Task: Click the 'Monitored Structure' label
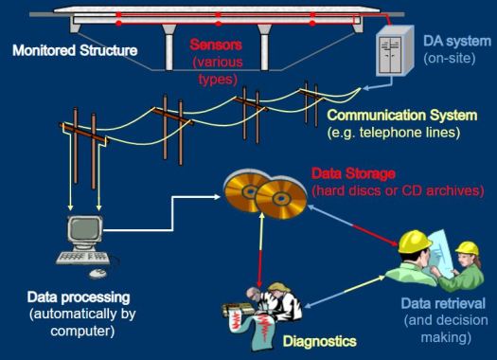pos(74,48)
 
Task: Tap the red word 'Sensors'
pos(216,44)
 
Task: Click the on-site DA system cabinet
pos(394,55)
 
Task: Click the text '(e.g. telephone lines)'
pos(393,132)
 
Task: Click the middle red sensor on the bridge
pos(217,19)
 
